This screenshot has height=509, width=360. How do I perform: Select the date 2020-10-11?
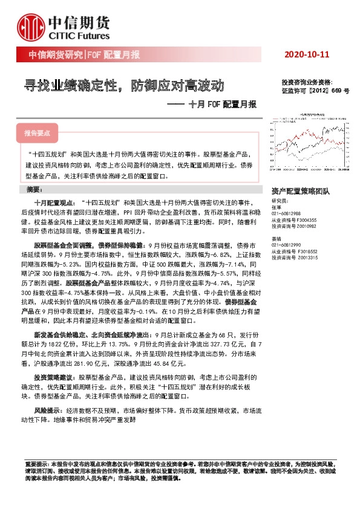[x=307, y=55]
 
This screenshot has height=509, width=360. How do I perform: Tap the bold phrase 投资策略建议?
[x=53, y=377]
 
